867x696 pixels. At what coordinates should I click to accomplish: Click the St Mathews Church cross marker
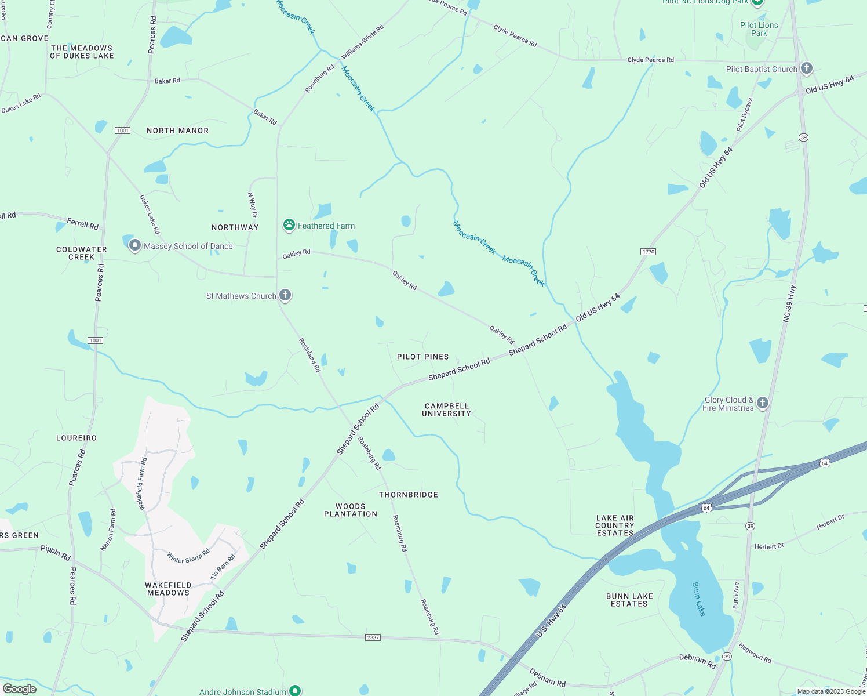pyautogui.click(x=285, y=295)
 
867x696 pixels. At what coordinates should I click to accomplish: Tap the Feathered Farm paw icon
pyautogui.click(x=289, y=225)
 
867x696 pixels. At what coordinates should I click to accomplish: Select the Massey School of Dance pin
pyautogui.click(x=134, y=245)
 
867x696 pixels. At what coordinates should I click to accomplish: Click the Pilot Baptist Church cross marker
pyautogui.click(x=806, y=68)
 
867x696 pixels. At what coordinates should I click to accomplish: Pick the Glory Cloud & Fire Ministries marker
pyautogui.click(x=763, y=403)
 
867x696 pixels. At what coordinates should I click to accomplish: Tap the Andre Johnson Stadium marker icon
pyautogui.click(x=295, y=690)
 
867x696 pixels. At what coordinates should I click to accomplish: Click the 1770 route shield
pyautogui.click(x=648, y=252)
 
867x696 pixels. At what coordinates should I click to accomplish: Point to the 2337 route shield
pyautogui.click(x=373, y=637)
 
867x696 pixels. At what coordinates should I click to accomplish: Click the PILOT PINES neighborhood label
pyautogui.click(x=422, y=357)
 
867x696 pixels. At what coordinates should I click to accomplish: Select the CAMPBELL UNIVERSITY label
pyautogui.click(x=446, y=410)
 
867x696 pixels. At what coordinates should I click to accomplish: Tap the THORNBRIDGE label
pyautogui.click(x=409, y=495)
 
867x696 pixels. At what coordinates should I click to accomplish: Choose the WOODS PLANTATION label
pyautogui.click(x=351, y=510)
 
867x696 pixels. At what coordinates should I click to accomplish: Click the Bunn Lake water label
pyautogui.click(x=699, y=599)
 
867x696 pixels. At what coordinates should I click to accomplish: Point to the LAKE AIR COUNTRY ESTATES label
pyautogui.click(x=615, y=525)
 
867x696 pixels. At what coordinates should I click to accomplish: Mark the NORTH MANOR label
pyautogui.click(x=177, y=130)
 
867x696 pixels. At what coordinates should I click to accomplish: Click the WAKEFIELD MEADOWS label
pyautogui.click(x=168, y=589)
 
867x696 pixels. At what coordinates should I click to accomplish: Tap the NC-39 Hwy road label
pyautogui.click(x=789, y=303)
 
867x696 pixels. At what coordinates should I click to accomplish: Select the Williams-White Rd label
pyautogui.click(x=363, y=42)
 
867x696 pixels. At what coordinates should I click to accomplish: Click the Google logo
pyautogui.click(x=19, y=689)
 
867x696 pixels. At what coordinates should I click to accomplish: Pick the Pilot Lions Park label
pyautogui.click(x=759, y=29)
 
